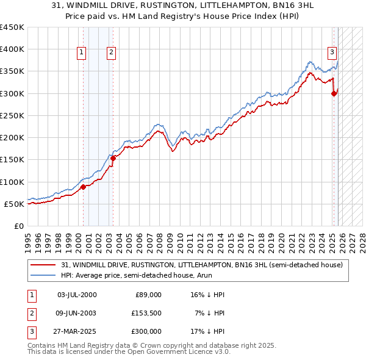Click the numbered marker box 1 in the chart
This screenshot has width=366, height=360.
point(82,53)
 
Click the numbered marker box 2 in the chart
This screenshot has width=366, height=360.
point(111,53)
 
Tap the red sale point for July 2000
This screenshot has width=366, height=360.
point(84,187)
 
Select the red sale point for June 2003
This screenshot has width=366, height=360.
point(113,158)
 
